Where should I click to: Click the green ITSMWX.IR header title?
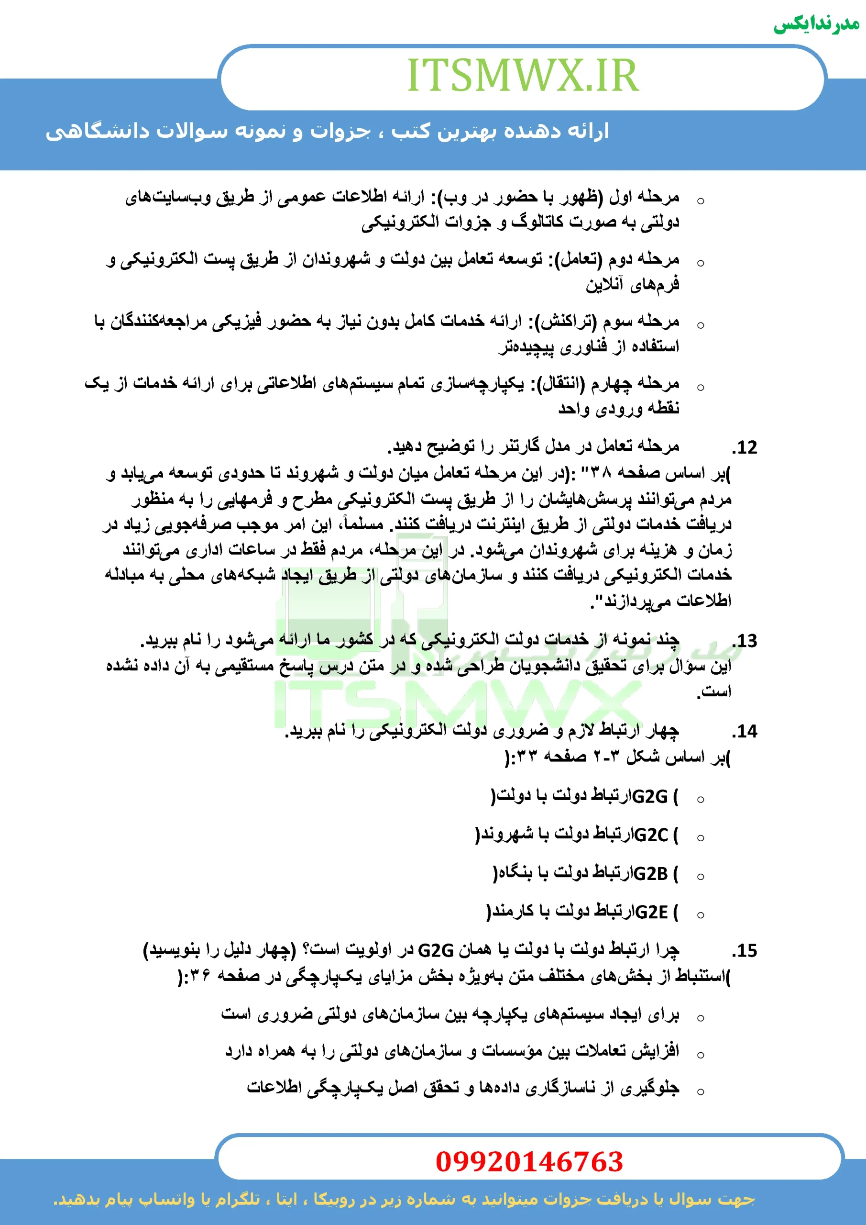(523, 76)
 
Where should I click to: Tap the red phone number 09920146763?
(529, 1161)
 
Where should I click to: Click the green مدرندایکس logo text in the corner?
(816, 24)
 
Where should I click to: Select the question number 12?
(745, 447)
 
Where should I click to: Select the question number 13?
(745, 640)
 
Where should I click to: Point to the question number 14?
(745, 731)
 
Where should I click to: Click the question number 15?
(745, 950)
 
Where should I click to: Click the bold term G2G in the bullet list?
(649, 797)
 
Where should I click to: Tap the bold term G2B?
(650, 873)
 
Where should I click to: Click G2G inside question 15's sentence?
(436, 950)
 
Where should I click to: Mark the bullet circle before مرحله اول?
(701, 201)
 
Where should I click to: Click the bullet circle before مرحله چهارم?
(701, 387)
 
